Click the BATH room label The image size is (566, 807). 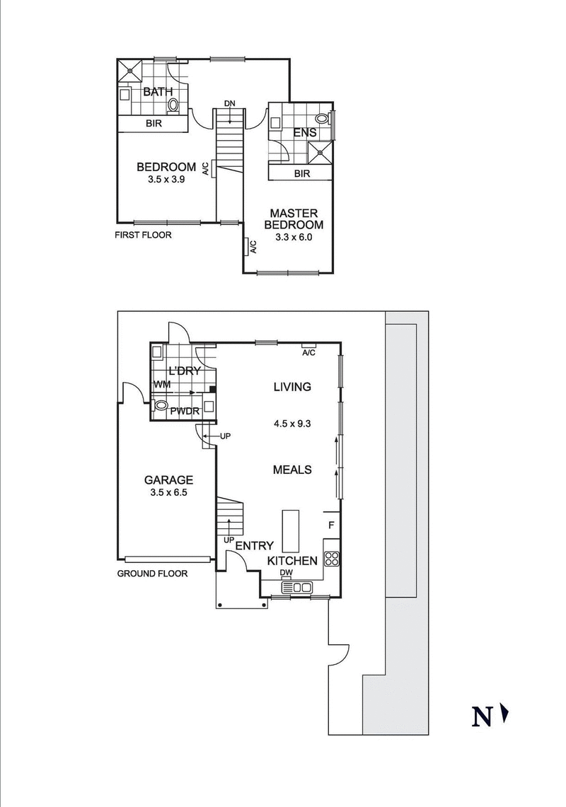[157, 92]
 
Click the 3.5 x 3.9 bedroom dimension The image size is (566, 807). [166, 180]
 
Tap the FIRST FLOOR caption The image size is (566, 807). [143, 235]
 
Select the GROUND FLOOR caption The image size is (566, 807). [152, 574]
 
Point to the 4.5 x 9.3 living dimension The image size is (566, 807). [292, 424]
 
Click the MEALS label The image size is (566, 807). [292, 470]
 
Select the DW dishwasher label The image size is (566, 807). [286, 574]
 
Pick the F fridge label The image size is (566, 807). [330, 526]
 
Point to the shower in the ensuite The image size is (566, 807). [322, 150]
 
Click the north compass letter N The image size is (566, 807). [483, 717]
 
